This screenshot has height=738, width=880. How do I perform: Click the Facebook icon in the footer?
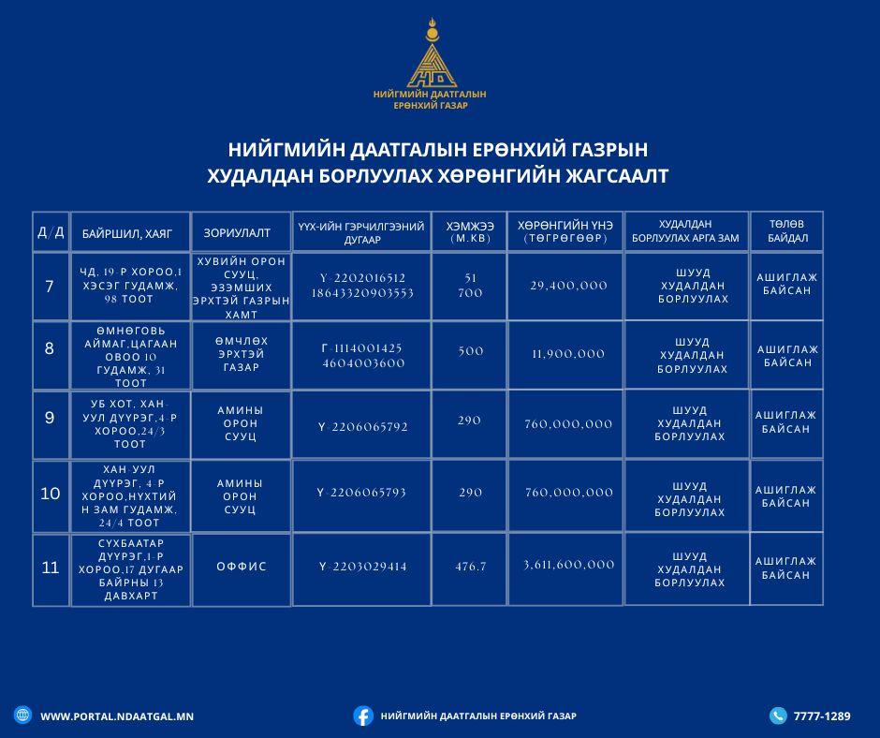(x=363, y=716)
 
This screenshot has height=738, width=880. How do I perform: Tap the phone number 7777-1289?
(x=822, y=716)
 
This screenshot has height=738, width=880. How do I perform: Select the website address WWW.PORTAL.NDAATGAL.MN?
(x=117, y=716)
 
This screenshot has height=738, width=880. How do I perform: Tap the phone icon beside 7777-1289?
(x=778, y=716)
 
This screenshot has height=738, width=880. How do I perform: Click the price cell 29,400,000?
(x=569, y=286)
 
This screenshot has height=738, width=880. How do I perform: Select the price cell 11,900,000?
(x=569, y=354)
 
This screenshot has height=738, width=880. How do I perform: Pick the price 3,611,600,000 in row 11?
(x=569, y=565)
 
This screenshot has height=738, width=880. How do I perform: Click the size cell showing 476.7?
(x=471, y=567)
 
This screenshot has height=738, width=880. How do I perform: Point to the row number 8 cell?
(x=50, y=348)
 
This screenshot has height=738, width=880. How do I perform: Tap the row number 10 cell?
(x=51, y=493)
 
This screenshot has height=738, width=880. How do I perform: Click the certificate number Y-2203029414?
(x=362, y=567)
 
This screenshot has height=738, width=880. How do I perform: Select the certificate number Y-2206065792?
(x=362, y=427)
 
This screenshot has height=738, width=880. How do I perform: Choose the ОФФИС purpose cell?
(x=242, y=567)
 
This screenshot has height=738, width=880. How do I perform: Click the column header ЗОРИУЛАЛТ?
(x=237, y=231)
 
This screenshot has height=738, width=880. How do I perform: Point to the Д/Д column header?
(x=51, y=231)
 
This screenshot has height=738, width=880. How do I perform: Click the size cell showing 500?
(x=471, y=351)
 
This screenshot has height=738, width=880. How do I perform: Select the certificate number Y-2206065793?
(x=362, y=493)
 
